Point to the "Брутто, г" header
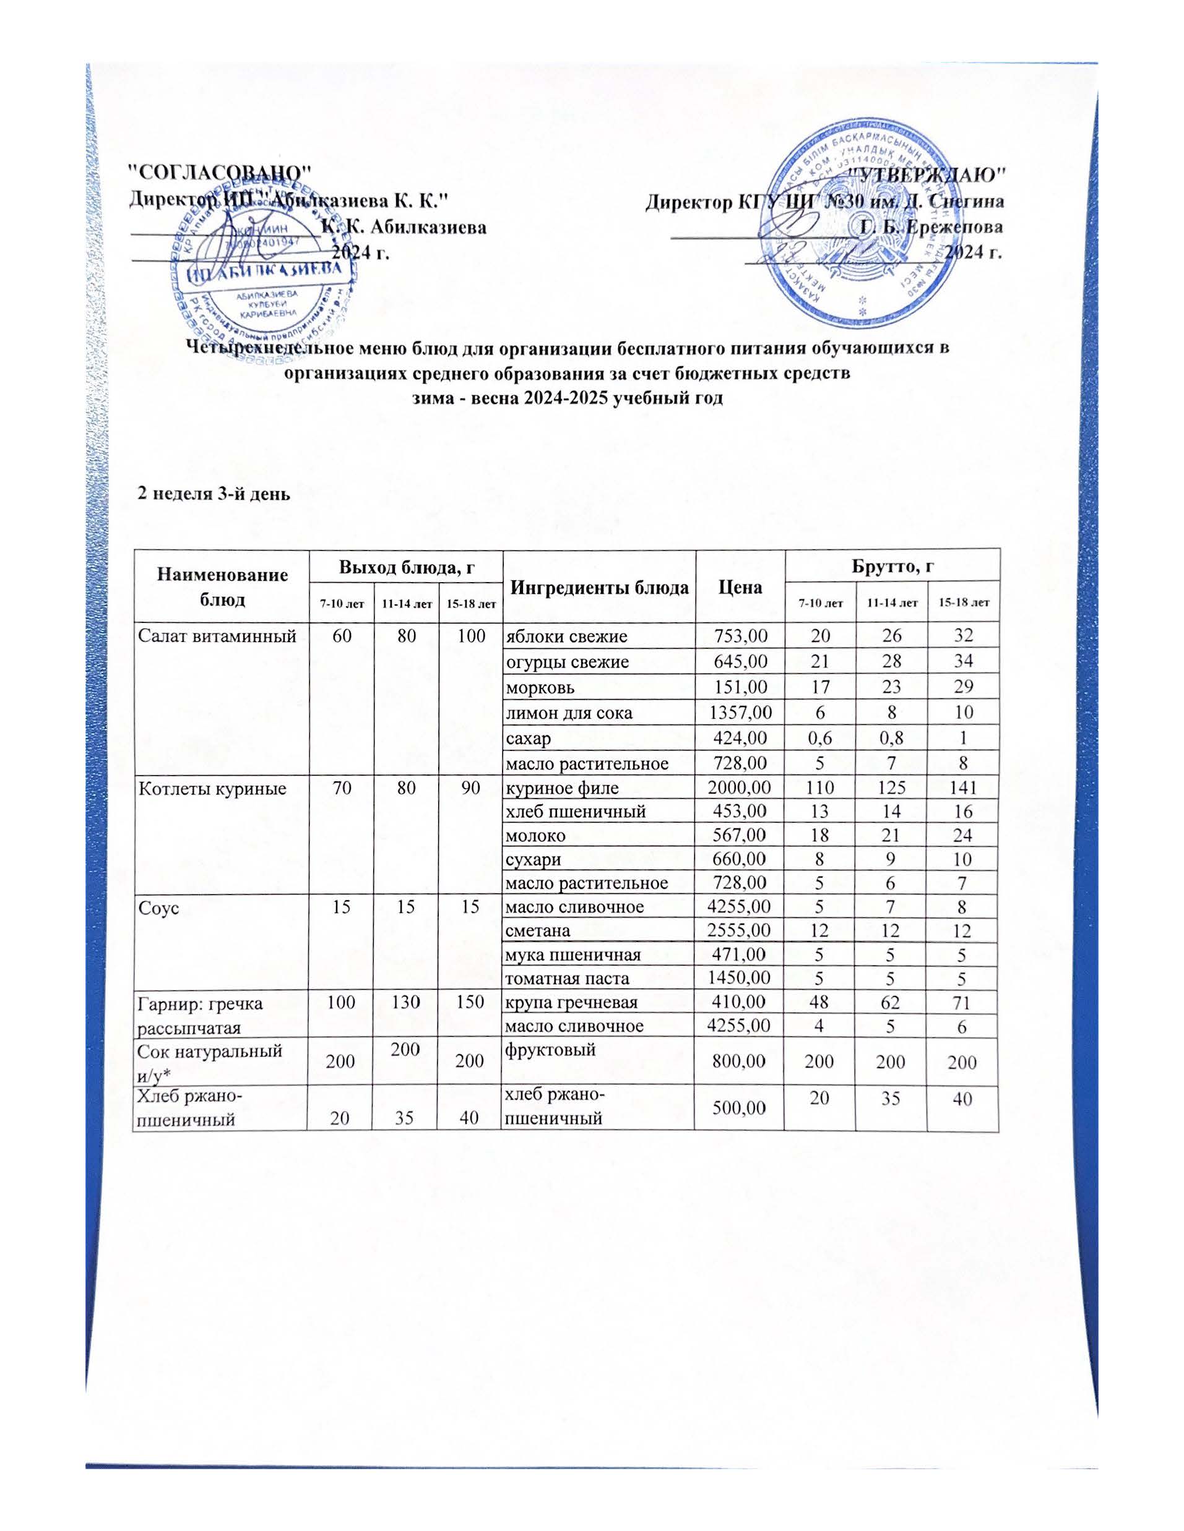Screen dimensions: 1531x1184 [x=892, y=567]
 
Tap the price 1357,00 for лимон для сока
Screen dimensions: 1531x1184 [x=740, y=713]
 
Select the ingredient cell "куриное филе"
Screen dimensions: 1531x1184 [x=562, y=788]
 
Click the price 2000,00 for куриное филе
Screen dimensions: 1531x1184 [x=740, y=788]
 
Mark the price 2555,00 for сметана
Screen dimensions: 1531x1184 [x=740, y=930]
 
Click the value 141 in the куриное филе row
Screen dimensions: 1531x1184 [x=962, y=788]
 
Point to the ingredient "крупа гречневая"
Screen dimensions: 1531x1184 [x=572, y=1003]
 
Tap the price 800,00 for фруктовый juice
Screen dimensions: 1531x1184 [x=740, y=1062]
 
